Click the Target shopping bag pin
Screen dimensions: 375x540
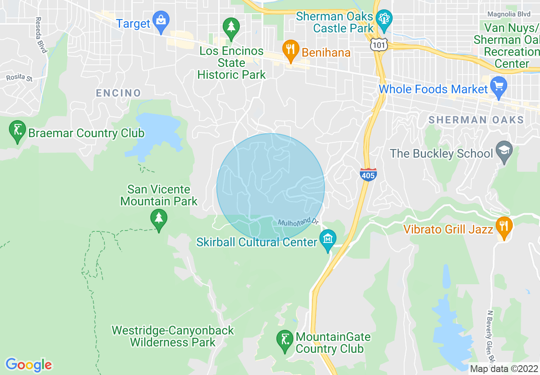(161, 21)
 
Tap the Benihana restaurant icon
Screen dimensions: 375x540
(290, 50)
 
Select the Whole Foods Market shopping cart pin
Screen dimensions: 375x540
(498, 87)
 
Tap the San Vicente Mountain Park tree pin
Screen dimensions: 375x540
(159, 219)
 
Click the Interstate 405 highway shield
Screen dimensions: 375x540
(368, 174)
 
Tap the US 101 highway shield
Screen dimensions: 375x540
(377, 44)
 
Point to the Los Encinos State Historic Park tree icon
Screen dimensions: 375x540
(231, 28)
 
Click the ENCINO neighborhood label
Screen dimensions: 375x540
(118, 93)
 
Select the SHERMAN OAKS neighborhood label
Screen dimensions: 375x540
(476, 120)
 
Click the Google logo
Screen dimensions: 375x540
(29, 365)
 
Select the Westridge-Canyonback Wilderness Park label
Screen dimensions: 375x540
(173, 336)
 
